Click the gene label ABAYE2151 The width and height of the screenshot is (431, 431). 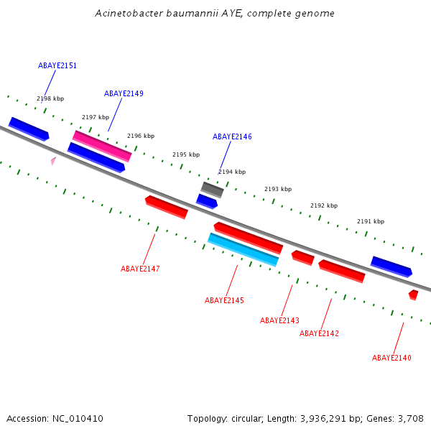(x=57, y=65)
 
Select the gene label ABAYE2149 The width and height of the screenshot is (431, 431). (x=124, y=93)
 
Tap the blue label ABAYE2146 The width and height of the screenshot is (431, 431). (x=232, y=136)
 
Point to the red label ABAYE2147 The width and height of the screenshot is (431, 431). (x=140, y=269)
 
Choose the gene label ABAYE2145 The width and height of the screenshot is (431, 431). (x=224, y=300)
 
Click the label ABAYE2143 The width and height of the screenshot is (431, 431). (x=279, y=320)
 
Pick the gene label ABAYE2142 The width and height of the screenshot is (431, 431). (x=319, y=333)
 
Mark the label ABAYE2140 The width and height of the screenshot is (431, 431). (x=391, y=358)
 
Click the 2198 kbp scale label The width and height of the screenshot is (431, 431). (x=50, y=99)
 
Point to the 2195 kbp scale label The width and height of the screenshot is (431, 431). (x=186, y=154)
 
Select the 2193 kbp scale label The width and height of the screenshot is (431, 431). (x=278, y=189)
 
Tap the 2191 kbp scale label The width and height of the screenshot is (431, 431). (x=371, y=221)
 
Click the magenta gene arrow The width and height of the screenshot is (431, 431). (x=102, y=146)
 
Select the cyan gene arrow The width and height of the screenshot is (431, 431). (x=243, y=249)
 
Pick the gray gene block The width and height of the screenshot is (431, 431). (x=212, y=190)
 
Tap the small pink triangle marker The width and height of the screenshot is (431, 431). (x=52, y=162)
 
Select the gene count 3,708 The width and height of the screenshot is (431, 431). (x=410, y=418)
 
